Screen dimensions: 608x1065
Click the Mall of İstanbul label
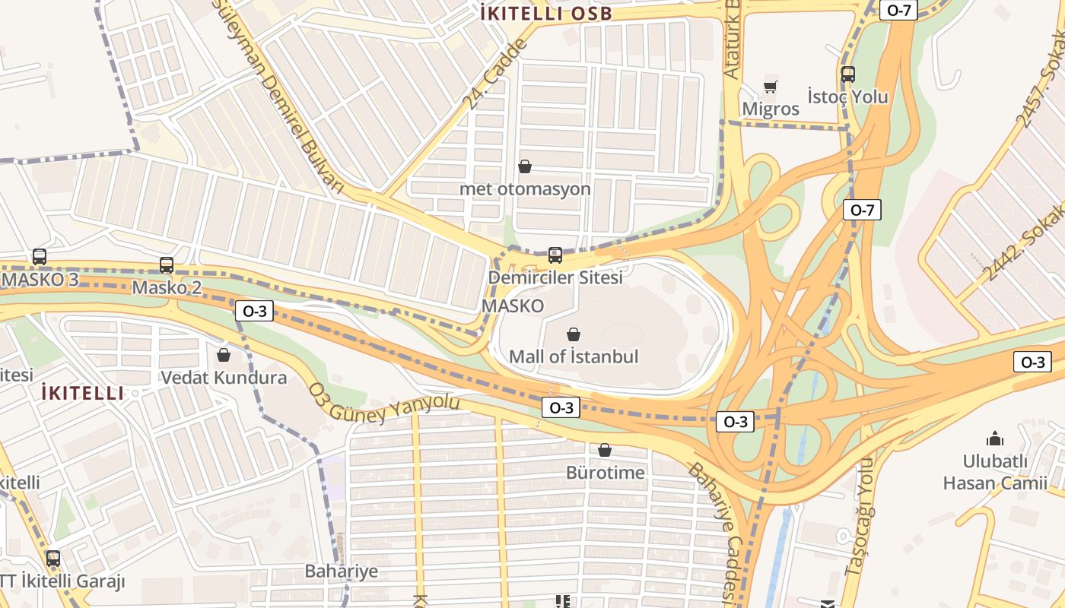[x=573, y=356]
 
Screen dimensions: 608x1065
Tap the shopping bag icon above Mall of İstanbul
[x=574, y=334]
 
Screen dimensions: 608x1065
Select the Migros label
[x=771, y=109]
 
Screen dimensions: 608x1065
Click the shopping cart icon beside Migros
[x=770, y=87]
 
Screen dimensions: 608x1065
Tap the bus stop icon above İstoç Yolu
[x=847, y=74]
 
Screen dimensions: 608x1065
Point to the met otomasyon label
[x=524, y=188]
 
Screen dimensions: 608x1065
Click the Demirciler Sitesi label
[x=555, y=277]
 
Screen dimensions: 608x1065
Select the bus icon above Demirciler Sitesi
[x=555, y=255]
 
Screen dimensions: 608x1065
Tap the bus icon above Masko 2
[x=166, y=265]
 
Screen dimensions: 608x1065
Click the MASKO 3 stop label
[x=40, y=279]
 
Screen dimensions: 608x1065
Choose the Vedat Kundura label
[x=224, y=378]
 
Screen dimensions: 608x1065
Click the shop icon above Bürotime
[x=604, y=451]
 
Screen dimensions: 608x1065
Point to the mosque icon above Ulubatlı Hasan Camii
[x=994, y=439]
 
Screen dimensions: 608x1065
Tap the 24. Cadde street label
[x=494, y=74]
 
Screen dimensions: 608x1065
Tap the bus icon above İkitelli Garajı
[x=53, y=559]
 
